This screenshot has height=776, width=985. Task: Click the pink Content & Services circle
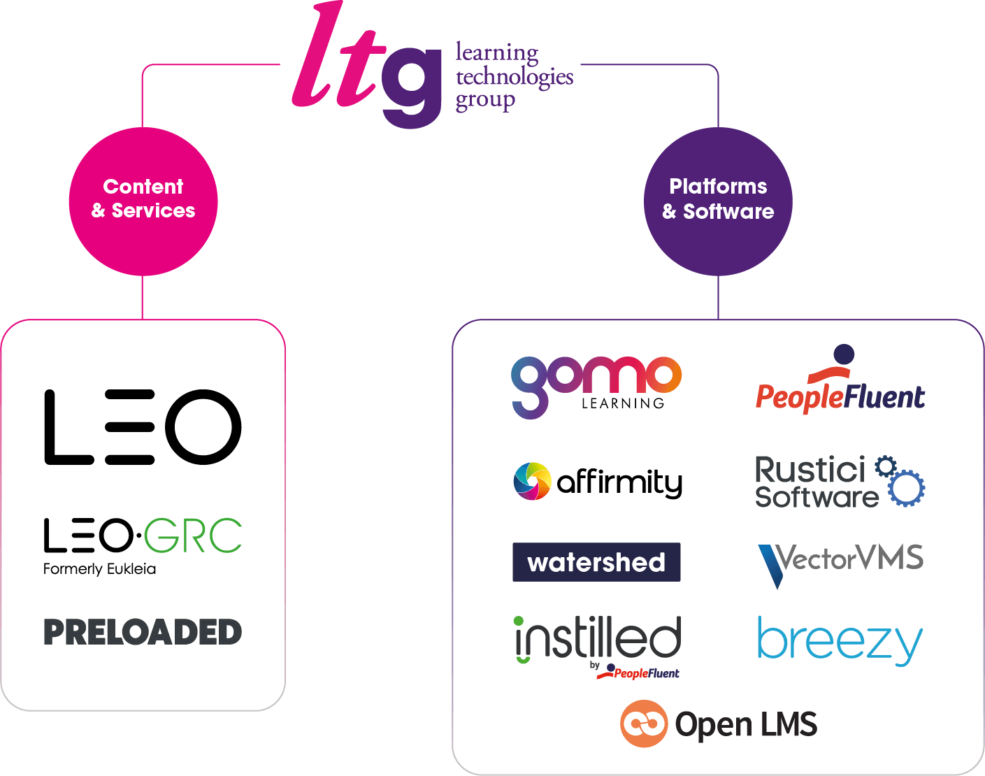(143, 201)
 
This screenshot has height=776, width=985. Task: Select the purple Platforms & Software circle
(718, 201)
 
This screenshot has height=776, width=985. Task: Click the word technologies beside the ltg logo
(514, 76)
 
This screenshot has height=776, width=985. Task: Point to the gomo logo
(596, 384)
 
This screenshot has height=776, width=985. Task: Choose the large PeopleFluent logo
(840, 389)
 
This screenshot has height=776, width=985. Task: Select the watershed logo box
(596, 562)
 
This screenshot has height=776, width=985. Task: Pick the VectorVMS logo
(841, 562)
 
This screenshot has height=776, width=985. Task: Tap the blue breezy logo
(840, 639)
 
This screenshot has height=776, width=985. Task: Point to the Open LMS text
(746, 725)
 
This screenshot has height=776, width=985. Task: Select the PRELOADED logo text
(143, 632)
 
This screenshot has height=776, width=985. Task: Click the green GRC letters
(194, 536)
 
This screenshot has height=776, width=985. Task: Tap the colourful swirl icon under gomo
(532, 481)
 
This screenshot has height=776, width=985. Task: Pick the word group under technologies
(485, 100)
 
